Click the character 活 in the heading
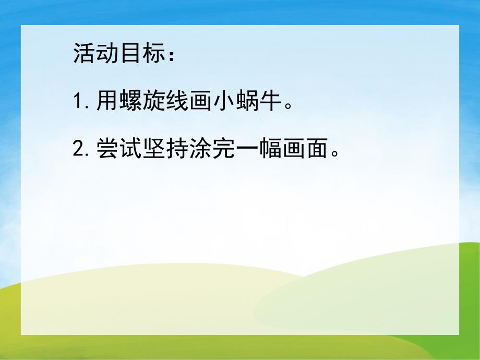(83, 54)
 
